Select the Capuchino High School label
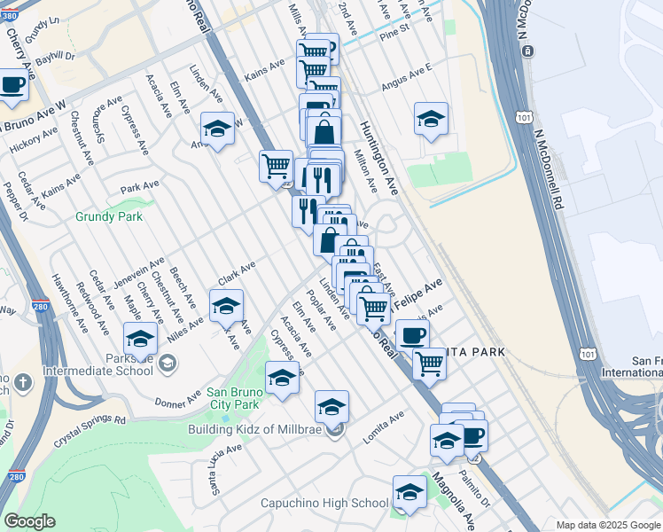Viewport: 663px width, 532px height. pos(324,503)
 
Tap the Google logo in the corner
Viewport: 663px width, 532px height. pos(28,521)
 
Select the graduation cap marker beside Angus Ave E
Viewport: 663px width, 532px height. pos(431,120)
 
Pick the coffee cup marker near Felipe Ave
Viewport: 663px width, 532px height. pos(412,336)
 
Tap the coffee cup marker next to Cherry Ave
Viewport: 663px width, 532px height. pos(12,84)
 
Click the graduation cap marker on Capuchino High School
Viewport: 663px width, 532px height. pos(409,493)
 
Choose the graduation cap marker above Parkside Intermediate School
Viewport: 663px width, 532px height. pos(140,339)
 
